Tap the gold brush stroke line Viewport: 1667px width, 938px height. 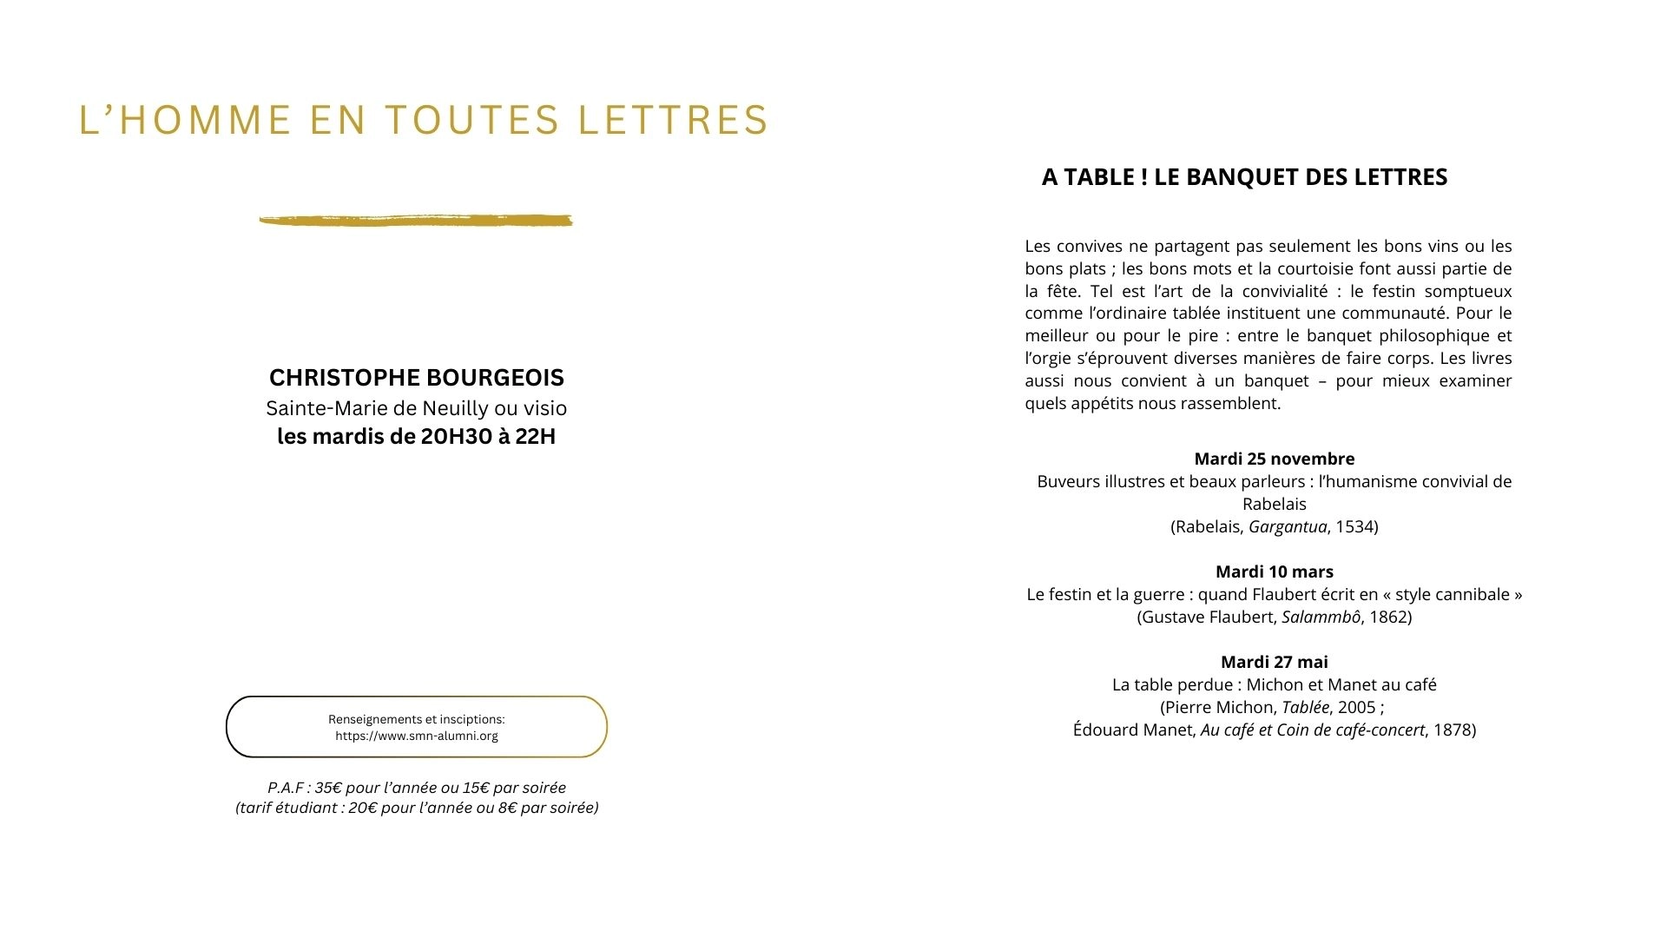pyautogui.click(x=416, y=221)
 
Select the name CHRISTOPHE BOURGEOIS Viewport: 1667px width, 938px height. pyautogui.click(x=417, y=378)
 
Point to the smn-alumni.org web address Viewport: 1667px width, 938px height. pyautogui.click(x=417, y=737)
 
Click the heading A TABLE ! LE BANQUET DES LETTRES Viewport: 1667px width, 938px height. pyautogui.click(x=1244, y=177)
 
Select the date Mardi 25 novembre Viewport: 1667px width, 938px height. pyautogui.click(x=1274, y=459)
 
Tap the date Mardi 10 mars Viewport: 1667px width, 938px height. pyautogui.click(x=1274, y=571)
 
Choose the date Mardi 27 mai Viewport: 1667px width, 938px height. pyautogui.click(x=1274, y=662)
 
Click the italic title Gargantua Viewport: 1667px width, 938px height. pyautogui.click(x=1288, y=526)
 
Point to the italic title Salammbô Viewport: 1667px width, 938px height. pyautogui.click(x=1321, y=617)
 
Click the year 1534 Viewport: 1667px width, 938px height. pyautogui.click(x=1354, y=526)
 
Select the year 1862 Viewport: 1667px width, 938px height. pyautogui.click(x=1387, y=617)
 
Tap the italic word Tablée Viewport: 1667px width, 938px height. pyautogui.click(x=1306, y=707)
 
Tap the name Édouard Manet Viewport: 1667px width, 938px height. pyautogui.click(x=1133, y=730)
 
